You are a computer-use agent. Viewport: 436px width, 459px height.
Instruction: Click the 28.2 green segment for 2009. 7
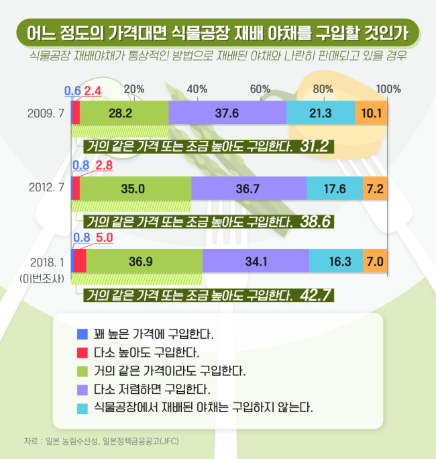[124, 113]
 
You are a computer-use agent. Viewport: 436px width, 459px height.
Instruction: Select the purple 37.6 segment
[227, 113]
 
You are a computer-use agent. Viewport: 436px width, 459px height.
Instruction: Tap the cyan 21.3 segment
[321, 113]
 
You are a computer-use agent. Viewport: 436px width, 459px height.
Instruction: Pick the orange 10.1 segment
[372, 113]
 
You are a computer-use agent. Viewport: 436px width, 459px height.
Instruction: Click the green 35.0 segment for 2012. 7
[135, 188]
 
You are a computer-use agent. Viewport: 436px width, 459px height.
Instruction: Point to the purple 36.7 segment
[249, 188]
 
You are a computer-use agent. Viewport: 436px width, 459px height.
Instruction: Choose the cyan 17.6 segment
[335, 188]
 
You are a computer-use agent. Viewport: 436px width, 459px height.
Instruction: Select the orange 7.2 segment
[375, 188]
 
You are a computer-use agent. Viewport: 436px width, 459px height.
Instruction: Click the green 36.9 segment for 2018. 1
[144, 261]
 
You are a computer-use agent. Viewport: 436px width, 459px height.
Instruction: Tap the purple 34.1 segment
[256, 261]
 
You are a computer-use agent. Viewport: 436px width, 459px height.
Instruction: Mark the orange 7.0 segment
[375, 261]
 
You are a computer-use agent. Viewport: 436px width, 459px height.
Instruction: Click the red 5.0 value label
[105, 238]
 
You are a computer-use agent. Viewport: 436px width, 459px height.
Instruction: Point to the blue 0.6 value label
[72, 91]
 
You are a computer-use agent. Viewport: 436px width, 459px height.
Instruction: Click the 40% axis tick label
[197, 89]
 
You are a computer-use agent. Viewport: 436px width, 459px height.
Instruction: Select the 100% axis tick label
[388, 89]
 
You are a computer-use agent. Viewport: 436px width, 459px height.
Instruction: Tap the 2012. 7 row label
[46, 187]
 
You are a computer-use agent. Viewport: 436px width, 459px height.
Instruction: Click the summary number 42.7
[315, 295]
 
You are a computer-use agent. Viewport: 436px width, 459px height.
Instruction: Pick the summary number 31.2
[315, 146]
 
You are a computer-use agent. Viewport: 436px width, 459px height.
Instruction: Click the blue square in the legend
[83, 334]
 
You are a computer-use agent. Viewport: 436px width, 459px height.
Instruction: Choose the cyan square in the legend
[83, 409]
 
